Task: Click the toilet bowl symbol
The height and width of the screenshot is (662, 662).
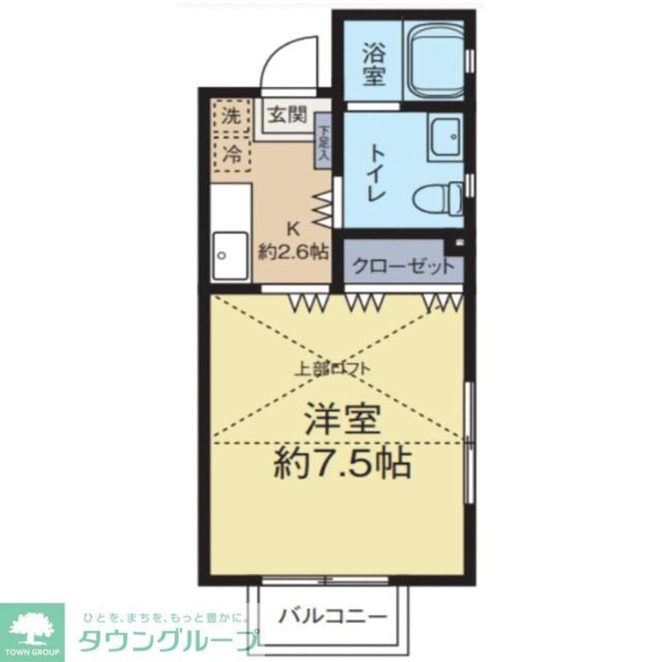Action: [x=437, y=197]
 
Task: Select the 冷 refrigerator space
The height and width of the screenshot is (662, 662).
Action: [x=231, y=155]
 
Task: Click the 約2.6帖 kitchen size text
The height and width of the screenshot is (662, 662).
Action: [x=294, y=252]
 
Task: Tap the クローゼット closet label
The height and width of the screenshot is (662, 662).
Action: [x=403, y=267]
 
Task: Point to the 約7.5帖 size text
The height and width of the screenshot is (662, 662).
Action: [x=342, y=463]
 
